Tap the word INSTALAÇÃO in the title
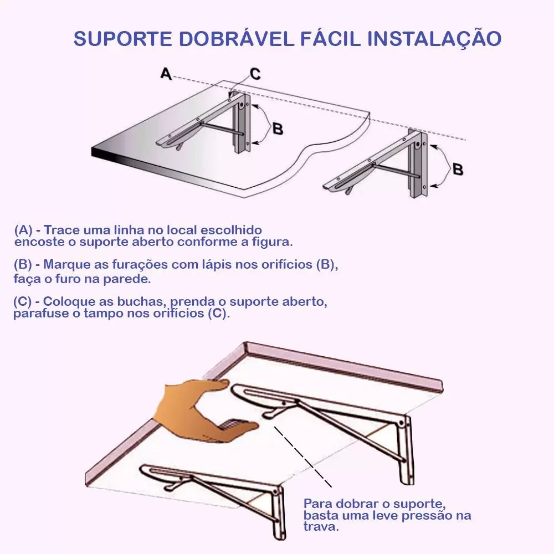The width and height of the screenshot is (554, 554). coord(434,38)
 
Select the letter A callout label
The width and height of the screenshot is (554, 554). coord(166,74)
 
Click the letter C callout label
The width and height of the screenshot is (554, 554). coord(255,74)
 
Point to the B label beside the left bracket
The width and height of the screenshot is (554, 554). coord(278,129)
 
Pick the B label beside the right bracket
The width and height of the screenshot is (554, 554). coord(458,169)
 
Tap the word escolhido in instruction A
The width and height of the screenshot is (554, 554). coord(231,230)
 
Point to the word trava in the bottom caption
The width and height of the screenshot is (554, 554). coord(321,527)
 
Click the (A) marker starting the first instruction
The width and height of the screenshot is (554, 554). coord(23,230)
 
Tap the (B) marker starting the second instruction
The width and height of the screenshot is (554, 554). coord(23,264)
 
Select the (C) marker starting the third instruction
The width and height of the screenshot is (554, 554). coord(23,301)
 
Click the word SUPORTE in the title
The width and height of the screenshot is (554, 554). coord(123,38)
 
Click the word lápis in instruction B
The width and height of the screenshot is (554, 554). coord(217,265)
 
